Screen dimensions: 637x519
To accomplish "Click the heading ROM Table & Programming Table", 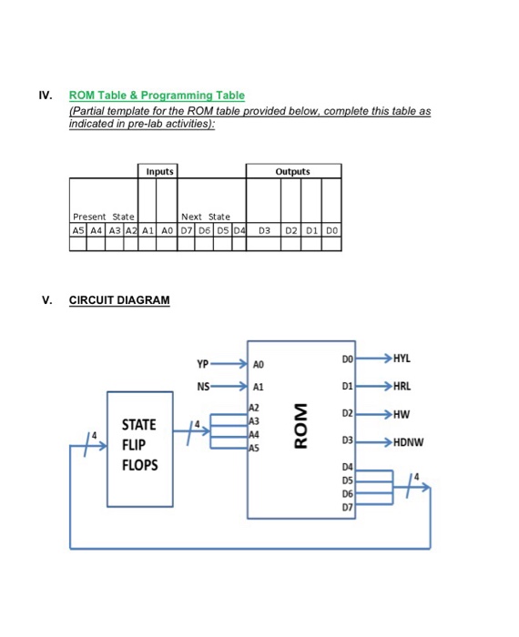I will pos(157,96).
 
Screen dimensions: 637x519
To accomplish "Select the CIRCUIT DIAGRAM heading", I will pos(119,300).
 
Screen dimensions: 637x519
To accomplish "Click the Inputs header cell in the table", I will pos(158,171).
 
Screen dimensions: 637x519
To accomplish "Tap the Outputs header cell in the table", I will pos(292,171).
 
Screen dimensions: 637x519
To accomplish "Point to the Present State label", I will pos(103,217).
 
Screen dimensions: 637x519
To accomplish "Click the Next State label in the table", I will pos(205,217).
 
